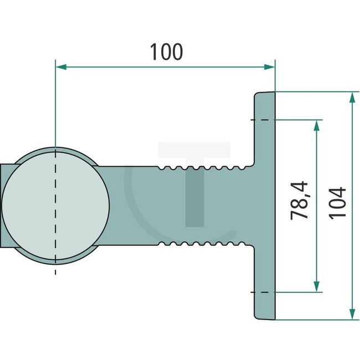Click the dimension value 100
click(x=167, y=52)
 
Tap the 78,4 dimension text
click(x=299, y=200)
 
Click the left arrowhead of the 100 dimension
click(x=61, y=67)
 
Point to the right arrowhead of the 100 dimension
click(x=269, y=67)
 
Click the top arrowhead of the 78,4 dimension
click(x=317, y=125)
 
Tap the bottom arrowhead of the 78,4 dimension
click(x=317, y=286)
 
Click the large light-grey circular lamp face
click(x=55, y=205)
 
